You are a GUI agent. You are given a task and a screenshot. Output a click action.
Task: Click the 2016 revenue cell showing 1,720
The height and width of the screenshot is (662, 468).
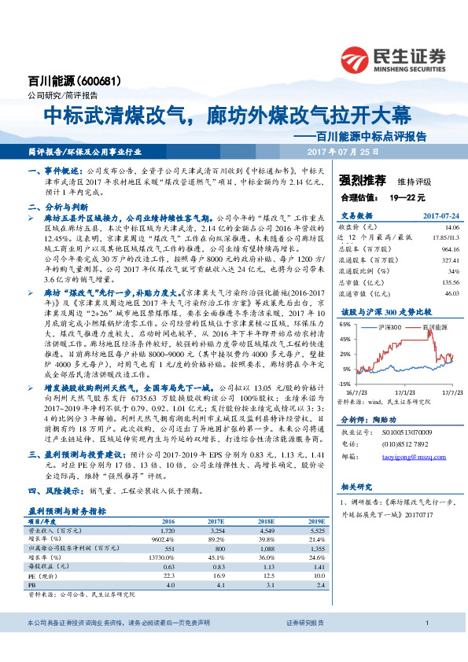pyautogui.click(x=168, y=531)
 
